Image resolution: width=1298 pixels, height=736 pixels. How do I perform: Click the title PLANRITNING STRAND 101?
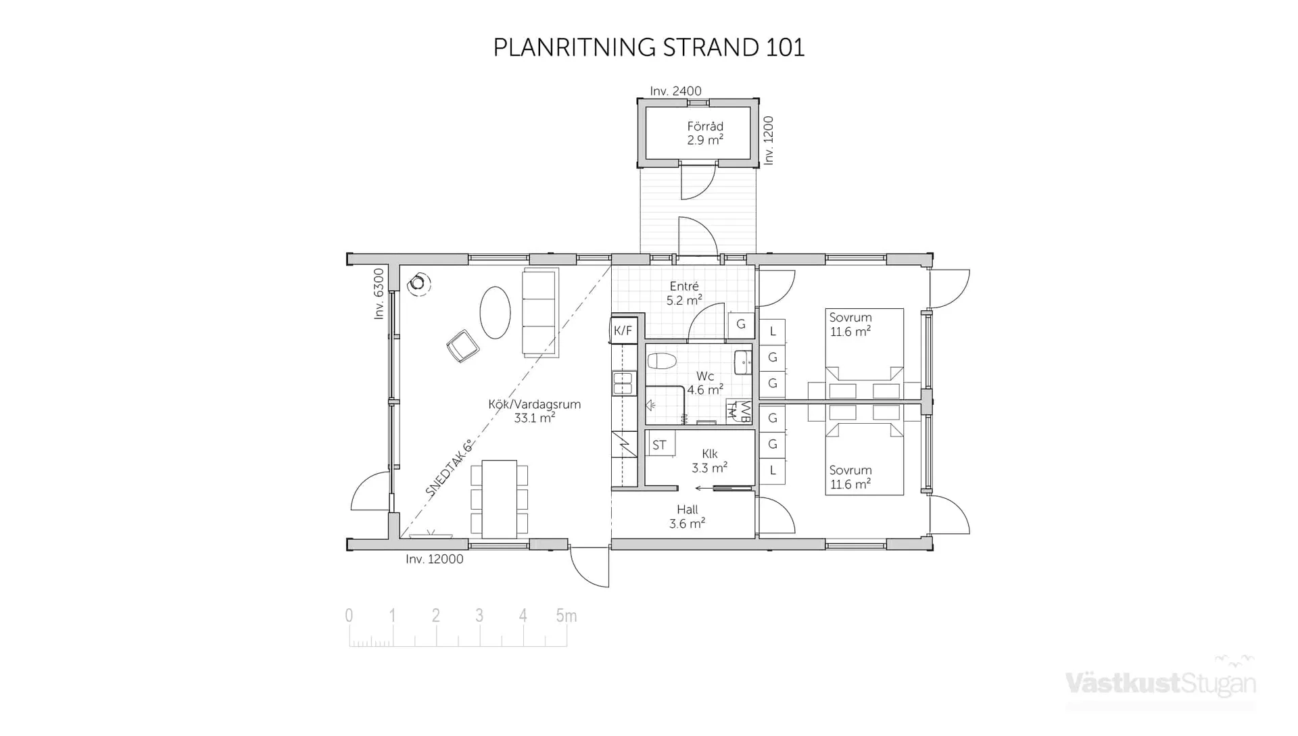[648, 48]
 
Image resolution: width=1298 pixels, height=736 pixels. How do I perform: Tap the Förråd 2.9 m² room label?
[705, 133]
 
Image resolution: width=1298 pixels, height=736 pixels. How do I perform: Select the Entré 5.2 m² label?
[684, 293]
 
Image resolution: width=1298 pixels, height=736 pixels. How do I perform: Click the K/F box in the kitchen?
[623, 330]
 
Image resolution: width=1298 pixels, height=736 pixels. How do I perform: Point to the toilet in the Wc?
[660, 360]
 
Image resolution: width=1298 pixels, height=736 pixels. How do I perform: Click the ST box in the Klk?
[659, 445]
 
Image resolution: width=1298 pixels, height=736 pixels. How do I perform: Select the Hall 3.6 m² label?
[687, 516]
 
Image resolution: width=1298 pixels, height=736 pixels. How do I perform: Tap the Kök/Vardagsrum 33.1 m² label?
[534, 411]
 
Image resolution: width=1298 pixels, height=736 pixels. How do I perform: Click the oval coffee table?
[495, 312]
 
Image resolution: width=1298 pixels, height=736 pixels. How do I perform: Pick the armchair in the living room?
[463, 346]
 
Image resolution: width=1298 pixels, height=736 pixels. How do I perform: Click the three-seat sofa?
[540, 312]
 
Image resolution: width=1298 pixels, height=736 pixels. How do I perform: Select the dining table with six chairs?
[500, 499]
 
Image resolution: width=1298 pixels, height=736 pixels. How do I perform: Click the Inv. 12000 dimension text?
[434, 560]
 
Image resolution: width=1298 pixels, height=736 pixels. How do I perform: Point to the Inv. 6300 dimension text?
[379, 294]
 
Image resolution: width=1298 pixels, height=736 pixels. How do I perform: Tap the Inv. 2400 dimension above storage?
[675, 91]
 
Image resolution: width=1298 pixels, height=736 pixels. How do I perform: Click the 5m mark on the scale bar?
[566, 616]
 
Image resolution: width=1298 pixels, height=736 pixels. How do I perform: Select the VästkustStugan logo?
[1160, 683]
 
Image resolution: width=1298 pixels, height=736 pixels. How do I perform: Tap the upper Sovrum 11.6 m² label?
[850, 324]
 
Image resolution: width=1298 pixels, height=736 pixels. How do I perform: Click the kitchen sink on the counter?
[623, 383]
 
